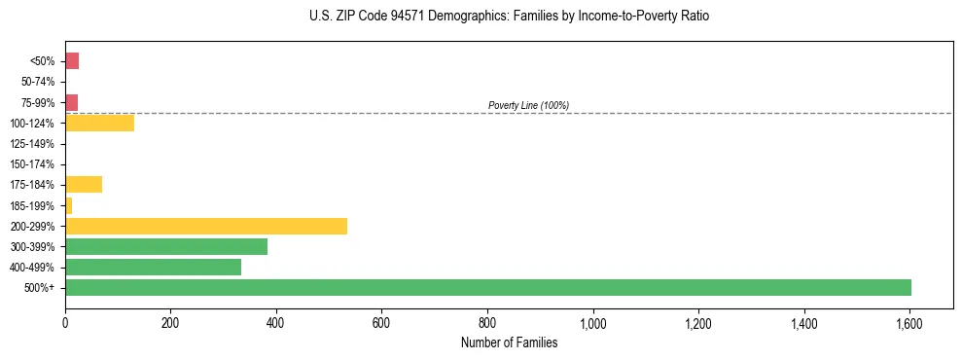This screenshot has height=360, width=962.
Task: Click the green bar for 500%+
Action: pyautogui.click(x=487, y=288)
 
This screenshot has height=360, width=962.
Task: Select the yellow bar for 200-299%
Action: pyautogui.click(x=206, y=227)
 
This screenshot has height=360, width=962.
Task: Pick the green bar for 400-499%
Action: pyautogui.click(x=153, y=268)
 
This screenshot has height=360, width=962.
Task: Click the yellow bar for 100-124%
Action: pyautogui.click(x=99, y=124)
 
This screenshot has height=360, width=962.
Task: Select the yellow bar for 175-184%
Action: pyautogui.click(x=84, y=185)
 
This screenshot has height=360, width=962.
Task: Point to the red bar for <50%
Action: pyautogui.click(x=72, y=61)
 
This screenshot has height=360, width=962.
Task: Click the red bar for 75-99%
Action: pyautogui.click(x=71, y=102)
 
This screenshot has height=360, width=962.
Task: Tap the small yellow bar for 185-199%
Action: pyautogui.click(x=68, y=205)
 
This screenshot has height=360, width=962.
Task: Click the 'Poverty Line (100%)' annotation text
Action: pyautogui.click(x=528, y=105)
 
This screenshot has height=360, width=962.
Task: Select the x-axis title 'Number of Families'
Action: pyautogui.click(x=509, y=342)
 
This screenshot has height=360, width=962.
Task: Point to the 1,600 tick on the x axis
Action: pyautogui.click(x=909, y=322)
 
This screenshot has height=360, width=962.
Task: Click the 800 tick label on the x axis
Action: pyautogui.click(x=487, y=322)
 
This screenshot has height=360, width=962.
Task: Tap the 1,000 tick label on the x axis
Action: pyautogui.click(x=592, y=322)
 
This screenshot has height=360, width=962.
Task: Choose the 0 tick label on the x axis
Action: pyautogui.click(x=65, y=322)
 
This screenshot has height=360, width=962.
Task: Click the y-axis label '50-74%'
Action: pyautogui.click(x=39, y=83)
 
